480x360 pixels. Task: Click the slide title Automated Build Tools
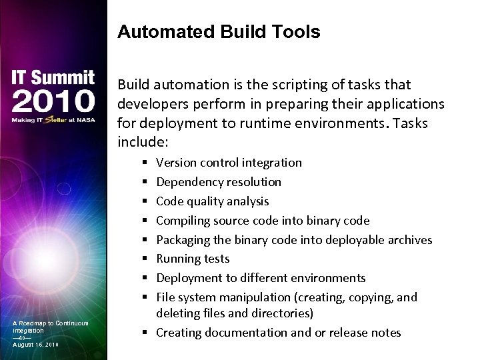point(219,32)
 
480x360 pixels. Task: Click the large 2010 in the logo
point(53,101)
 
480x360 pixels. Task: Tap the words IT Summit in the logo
point(53,78)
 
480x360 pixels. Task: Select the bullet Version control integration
point(229,163)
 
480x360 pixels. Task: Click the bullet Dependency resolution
point(219,182)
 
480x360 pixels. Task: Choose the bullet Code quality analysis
point(213,201)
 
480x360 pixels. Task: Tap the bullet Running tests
point(193,259)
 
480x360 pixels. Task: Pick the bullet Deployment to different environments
point(261,278)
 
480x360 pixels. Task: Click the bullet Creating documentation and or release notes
point(279,333)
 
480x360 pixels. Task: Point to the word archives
point(408,240)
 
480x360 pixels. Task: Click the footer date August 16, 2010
point(35,344)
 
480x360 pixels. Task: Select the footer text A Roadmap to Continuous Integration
point(50,327)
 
